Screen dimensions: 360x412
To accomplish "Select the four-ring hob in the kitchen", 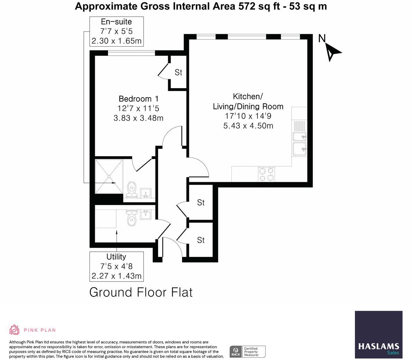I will tap(266, 174).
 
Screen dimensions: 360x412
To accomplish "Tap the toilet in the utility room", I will tap(131, 218).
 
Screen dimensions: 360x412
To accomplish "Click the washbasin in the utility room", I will tap(146, 215).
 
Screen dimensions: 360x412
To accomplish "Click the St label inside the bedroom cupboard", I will tap(178, 72).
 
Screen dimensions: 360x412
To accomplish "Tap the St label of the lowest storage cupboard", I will tap(201, 240).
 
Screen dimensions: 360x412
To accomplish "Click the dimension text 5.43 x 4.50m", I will tap(248, 126).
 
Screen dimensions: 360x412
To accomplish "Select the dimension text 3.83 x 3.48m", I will tap(138, 118).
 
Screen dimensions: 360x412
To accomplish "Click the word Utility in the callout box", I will tap(116, 257).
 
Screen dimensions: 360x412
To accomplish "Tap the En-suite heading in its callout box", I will tap(116, 22).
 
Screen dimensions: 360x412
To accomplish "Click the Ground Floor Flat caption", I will tap(141, 292).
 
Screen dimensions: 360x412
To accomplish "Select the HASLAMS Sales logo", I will tap(378, 334).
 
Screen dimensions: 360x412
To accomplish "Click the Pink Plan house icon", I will tap(14, 330).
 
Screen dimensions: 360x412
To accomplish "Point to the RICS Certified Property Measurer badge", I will tap(248, 351).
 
